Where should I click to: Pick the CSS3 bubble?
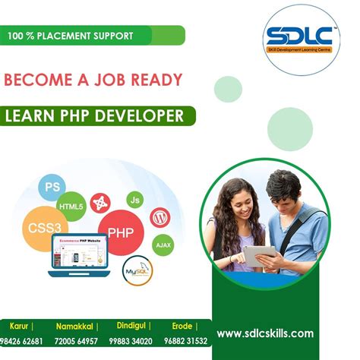43,226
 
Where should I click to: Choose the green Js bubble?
135,200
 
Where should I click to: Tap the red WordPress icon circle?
159,218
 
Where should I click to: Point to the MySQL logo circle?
138,270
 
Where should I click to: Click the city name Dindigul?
134,326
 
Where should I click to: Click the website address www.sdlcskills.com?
265,333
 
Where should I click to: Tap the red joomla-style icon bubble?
99,203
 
